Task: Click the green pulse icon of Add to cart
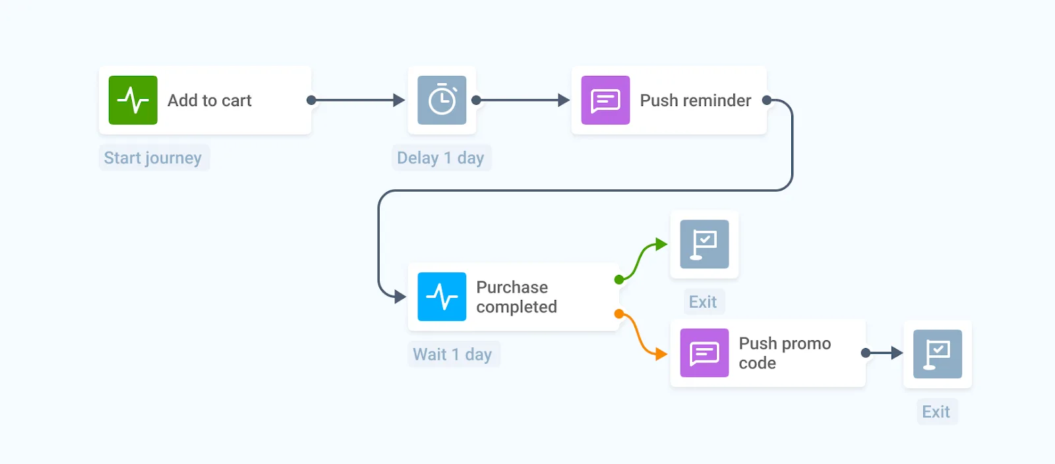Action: coord(133,100)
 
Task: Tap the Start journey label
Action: coord(153,158)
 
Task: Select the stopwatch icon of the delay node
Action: coord(442,100)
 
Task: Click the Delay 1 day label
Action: coord(440,158)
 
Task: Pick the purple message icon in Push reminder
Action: coord(605,100)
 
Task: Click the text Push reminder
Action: coord(695,100)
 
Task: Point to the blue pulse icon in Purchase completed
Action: coord(442,297)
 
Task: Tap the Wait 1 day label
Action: coord(452,355)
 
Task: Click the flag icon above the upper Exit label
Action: coord(704,244)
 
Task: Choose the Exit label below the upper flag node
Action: coord(703,302)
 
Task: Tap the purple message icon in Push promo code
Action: coord(704,353)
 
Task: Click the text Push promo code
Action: coord(784,353)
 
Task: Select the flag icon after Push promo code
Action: coord(937,354)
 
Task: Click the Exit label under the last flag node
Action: coord(936,412)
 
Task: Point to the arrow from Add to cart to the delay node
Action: coord(356,100)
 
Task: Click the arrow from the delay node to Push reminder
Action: coord(521,100)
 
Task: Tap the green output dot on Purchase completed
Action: coord(618,279)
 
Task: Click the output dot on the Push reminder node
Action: coord(766,100)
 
